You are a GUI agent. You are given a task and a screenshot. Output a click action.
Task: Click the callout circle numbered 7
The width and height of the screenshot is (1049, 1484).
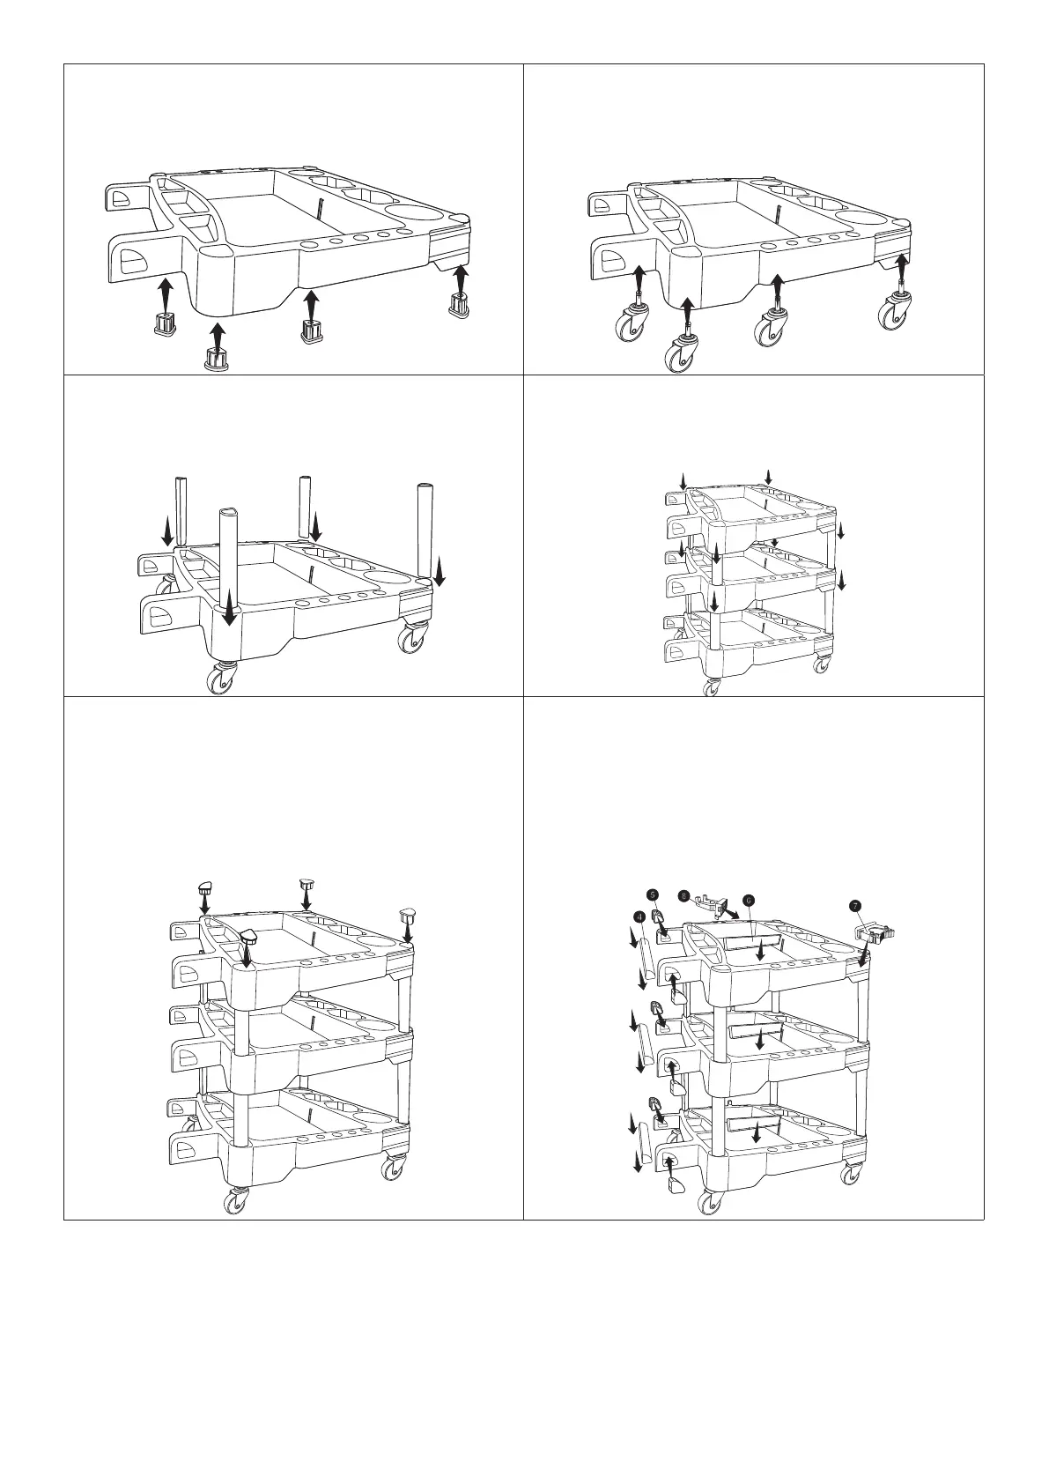853,905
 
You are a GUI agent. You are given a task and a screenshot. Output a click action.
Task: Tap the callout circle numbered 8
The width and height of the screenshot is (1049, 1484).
684,895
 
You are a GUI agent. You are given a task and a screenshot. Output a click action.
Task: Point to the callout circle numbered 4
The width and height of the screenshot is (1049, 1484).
637,917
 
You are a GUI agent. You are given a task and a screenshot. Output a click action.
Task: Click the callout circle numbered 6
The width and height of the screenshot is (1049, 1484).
748,901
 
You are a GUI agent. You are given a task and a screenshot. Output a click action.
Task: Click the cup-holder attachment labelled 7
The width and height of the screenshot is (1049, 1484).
875,931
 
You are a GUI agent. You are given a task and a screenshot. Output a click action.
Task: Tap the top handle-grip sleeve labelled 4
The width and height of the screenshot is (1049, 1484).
646,960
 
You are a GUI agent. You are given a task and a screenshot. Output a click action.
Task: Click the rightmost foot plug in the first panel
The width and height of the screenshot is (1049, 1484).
459,305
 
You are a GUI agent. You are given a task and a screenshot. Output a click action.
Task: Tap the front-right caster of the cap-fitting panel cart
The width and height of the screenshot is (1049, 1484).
389,1169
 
